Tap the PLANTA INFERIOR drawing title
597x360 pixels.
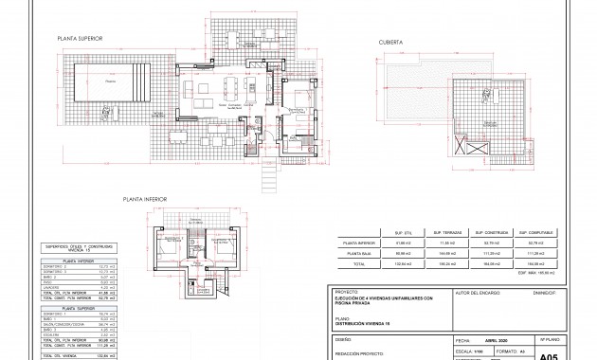pyautogui.click(x=145, y=199)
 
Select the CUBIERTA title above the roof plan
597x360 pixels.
pyautogui.click(x=391, y=43)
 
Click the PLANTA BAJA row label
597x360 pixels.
pyautogui.click(x=359, y=254)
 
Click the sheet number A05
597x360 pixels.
pyautogui.click(x=548, y=354)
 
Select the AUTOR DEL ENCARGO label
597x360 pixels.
pyautogui.click(x=479, y=293)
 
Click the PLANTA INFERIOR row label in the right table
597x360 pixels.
pyautogui.click(x=359, y=243)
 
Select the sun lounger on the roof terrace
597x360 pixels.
pyautogui.click(x=493, y=126)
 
